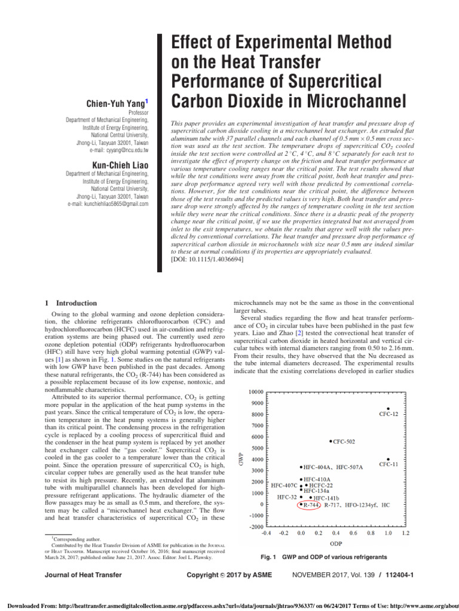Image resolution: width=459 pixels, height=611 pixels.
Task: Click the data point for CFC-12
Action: tap(388, 409)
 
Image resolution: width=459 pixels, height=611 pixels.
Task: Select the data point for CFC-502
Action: tap(331, 442)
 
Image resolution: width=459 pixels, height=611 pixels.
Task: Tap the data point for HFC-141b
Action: tap(311, 497)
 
